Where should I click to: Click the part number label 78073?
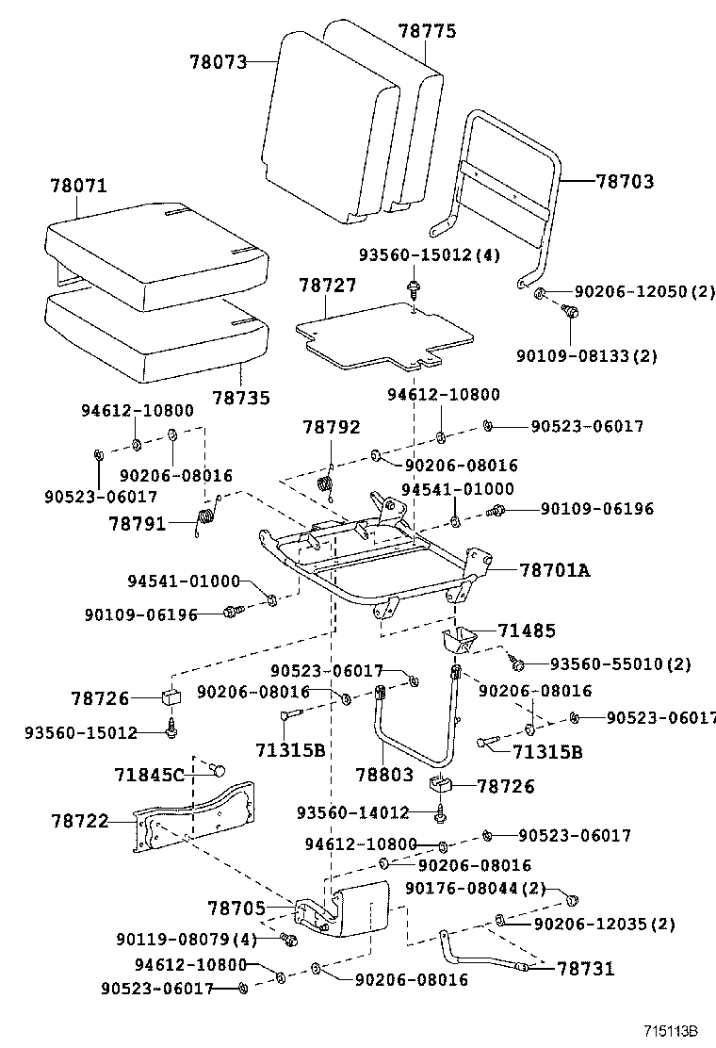click(218, 62)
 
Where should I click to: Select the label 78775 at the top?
click(427, 31)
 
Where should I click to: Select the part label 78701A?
click(554, 569)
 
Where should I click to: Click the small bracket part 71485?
click(458, 642)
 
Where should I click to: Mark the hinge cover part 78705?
click(349, 909)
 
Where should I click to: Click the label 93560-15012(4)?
click(429, 256)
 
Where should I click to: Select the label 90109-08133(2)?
click(586, 355)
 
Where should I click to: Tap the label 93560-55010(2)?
click(620, 664)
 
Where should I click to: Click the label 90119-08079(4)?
click(186, 939)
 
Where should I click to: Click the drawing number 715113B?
click(676, 1032)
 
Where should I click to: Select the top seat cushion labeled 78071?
click(151, 250)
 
